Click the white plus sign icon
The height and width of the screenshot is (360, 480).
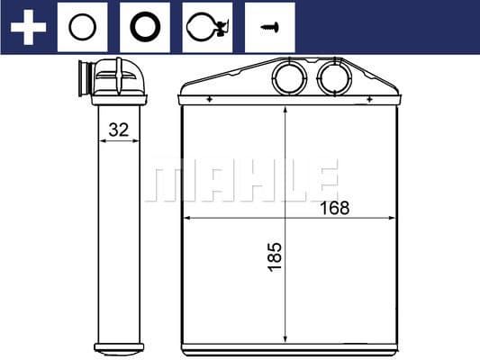pyautogui.click(x=28, y=27)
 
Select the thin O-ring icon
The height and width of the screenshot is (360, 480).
pyautogui.click(x=82, y=27)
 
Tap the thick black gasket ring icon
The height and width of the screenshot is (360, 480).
pyautogui.click(x=144, y=27)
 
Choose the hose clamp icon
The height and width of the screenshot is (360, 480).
pyautogui.click(x=206, y=27)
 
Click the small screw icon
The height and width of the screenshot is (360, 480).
pyautogui.click(x=267, y=27)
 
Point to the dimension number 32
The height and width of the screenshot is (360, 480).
pyautogui.click(x=118, y=130)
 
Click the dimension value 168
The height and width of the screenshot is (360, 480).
pyautogui.click(x=333, y=209)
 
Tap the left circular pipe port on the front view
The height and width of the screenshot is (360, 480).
pyautogui.click(x=290, y=78)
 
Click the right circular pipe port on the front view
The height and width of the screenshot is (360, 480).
pyautogui.click(x=333, y=78)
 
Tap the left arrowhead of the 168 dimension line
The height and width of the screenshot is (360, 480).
pyautogui.click(x=187, y=218)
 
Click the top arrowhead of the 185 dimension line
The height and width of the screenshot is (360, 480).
pyautogui.click(x=285, y=110)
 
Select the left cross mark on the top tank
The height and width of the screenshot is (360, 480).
pyautogui.click(x=209, y=99)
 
